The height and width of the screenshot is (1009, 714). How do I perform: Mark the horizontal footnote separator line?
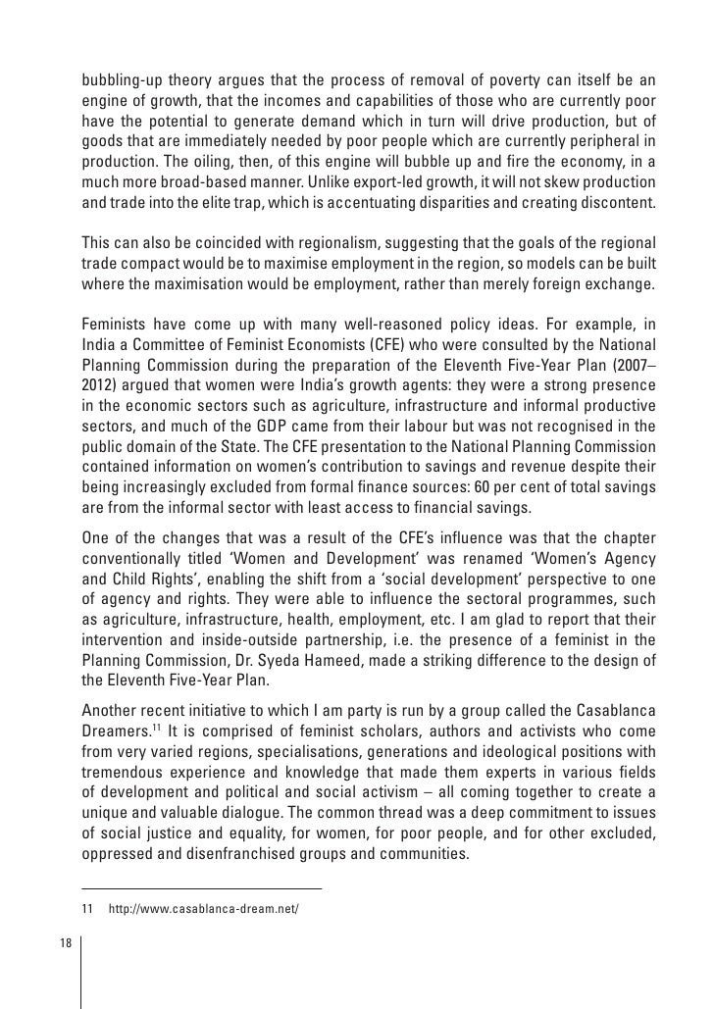(x=201, y=888)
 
